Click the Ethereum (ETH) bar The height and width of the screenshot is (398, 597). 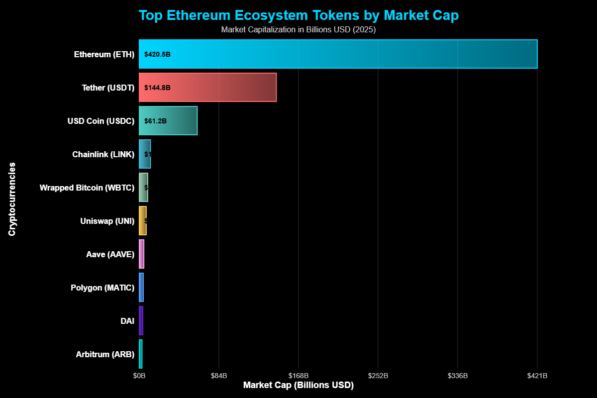pos(338,54)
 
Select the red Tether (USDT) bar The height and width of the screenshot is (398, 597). pos(207,88)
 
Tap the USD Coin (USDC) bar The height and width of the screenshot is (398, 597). pos(168,120)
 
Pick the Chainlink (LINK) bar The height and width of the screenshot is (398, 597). pos(145,154)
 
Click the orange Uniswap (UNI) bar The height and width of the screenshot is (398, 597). pos(143,221)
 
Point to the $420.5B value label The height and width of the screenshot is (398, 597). pos(157,54)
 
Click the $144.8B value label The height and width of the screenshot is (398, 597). pos(157,88)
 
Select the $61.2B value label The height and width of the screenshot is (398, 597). pos(155,121)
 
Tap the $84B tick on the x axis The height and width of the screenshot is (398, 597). pos(219,376)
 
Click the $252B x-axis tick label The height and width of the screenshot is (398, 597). pos(378,376)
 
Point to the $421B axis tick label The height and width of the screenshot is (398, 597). pos(537,376)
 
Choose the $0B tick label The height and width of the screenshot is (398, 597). pos(139,376)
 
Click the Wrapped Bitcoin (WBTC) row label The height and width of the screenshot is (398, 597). pos(87,188)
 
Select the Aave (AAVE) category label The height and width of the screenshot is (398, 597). pos(110,254)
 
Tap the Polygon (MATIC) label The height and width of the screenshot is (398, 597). pos(102,288)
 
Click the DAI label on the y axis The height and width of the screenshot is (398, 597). pos(127,321)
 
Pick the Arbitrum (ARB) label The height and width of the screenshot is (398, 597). pos(105,354)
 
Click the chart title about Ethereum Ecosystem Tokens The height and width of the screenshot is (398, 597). pos(298,15)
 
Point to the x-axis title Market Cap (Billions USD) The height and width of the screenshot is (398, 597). pos(298,386)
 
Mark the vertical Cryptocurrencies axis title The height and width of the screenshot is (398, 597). pos(12,199)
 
